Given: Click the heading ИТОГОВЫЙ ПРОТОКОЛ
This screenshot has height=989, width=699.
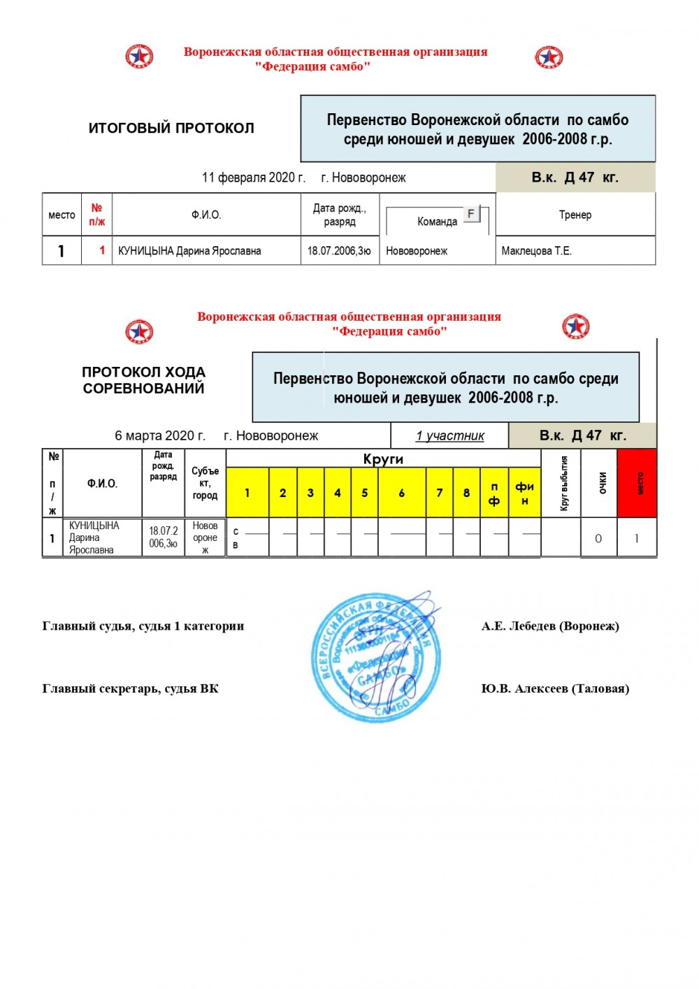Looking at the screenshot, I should [171, 128].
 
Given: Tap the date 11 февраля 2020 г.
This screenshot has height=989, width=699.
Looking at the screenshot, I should [253, 178].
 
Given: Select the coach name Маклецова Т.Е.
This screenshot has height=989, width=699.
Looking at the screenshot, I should [536, 251].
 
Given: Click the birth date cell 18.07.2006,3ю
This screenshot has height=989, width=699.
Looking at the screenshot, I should [339, 251].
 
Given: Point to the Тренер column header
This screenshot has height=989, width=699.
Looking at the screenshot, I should [575, 215].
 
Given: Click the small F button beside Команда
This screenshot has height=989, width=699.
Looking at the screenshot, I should [471, 214].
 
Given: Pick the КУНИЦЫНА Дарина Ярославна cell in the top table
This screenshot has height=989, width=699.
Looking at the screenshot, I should [189, 251].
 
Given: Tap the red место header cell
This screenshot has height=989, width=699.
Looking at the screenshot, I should [637, 483].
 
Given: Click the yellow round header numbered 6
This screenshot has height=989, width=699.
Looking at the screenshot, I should [401, 493].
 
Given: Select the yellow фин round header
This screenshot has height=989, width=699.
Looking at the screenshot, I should [524, 493].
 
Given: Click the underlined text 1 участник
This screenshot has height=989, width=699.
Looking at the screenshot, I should [449, 436].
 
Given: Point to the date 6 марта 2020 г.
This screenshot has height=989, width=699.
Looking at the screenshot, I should [160, 436].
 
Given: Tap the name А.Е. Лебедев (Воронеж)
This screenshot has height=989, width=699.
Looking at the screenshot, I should [550, 626].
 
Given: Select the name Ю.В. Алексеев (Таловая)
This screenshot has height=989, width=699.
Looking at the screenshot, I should [555, 689].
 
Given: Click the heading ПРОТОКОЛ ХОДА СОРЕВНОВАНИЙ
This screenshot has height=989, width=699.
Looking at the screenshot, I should [143, 380].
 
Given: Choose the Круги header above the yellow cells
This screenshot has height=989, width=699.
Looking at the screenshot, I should [383, 459].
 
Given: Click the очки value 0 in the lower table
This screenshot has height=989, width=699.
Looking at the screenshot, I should [598, 539].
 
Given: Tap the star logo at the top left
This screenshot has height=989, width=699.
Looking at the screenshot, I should [139, 57].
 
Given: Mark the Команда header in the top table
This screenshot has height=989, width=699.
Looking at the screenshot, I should [437, 222].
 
